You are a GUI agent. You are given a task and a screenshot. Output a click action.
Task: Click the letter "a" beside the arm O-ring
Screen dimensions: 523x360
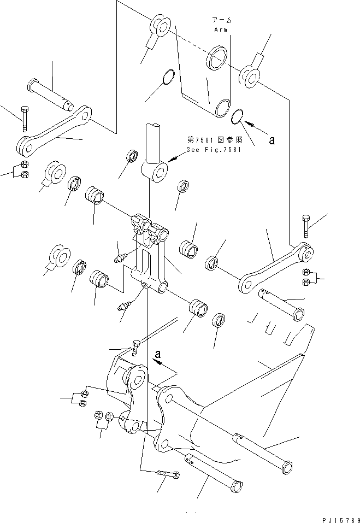pos(272,139)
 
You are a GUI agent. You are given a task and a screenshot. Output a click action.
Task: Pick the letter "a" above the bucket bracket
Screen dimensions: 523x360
pos(158,354)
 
